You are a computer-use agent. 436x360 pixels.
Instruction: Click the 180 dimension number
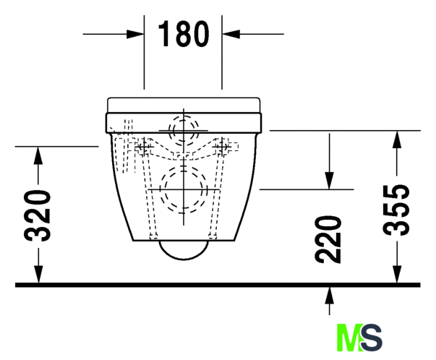coord(183,34)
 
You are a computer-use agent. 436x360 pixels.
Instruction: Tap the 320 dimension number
coord(38,215)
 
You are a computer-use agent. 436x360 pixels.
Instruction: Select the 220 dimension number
coord(328,239)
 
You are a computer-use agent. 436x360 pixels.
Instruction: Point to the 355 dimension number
coord(396,210)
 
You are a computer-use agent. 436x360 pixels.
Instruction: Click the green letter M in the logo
coord(349,337)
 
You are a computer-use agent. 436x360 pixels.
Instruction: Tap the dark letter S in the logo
coord(372,337)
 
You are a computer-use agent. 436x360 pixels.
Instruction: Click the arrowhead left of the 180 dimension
coord(135,34)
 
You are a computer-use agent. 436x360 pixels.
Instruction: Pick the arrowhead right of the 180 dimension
coord(231,34)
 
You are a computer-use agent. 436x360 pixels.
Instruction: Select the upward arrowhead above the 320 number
coord(38,155)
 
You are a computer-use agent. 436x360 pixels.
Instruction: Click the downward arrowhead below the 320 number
coord(38,275)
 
